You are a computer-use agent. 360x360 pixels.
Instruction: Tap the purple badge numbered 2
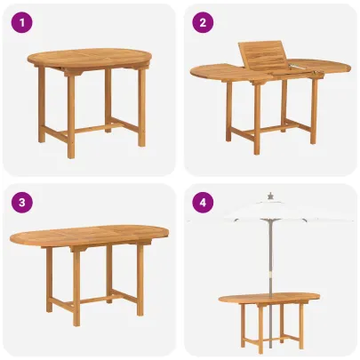[204, 22]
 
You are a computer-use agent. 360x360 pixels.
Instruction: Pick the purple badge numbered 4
[204, 202]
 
